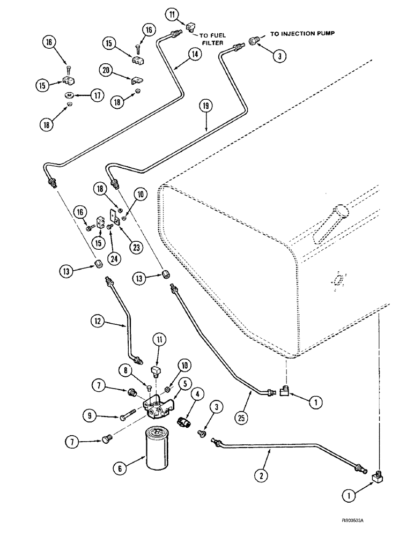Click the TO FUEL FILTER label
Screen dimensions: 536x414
tap(214, 40)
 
